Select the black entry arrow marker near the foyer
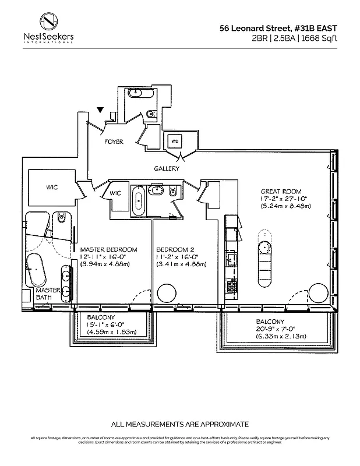pyautogui.click(x=101, y=110)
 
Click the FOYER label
pyautogui.click(x=114, y=142)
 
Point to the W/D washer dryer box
pyautogui.click(x=175, y=141)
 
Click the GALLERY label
pyautogui.click(x=167, y=168)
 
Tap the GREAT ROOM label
pyautogui.click(x=281, y=190)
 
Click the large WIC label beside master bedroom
pyautogui.click(x=55, y=188)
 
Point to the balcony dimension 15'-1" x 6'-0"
pyautogui.click(x=102, y=324)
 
